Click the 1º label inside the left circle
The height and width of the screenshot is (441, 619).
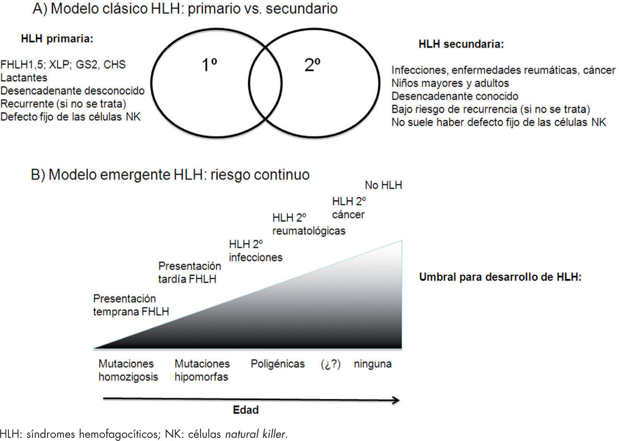tap(209, 65)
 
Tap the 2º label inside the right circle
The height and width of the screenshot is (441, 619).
tap(312, 65)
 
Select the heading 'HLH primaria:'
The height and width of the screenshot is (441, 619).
tap(57, 39)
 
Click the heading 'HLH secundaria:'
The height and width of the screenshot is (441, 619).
tap(461, 44)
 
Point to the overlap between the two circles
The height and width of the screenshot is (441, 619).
tap(265, 83)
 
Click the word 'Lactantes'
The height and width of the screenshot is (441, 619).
tap(24, 78)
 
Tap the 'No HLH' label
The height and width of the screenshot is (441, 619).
tap(383, 185)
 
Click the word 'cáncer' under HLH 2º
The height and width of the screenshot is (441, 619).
tap(348, 215)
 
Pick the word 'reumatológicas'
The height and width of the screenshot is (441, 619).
tap(309, 231)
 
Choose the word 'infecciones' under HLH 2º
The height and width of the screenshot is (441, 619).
tap(255, 257)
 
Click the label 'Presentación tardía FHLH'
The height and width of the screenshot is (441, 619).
tap(189, 273)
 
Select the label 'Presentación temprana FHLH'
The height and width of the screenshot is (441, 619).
tap(131, 305)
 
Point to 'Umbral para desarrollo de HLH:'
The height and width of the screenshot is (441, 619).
tap(500, 277)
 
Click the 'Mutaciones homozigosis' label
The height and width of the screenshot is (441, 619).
tap(128, 370)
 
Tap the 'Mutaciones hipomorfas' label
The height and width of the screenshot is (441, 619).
tap(202, 370)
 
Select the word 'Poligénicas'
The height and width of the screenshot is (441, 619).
tap(278, 364)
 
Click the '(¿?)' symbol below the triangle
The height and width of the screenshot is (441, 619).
tap(330, 364)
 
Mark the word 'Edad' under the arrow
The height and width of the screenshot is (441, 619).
tap(246, 410)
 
